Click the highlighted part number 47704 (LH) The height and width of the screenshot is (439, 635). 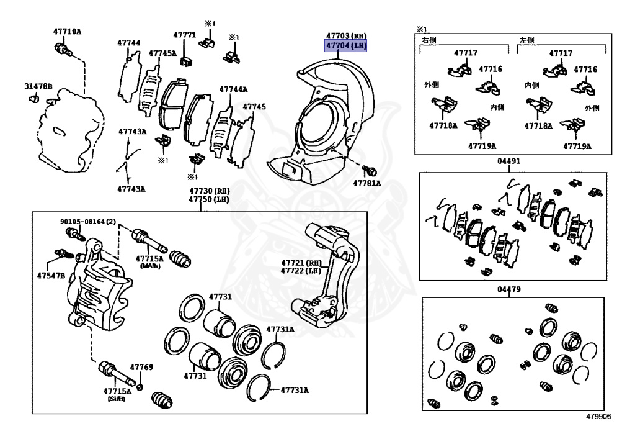346,46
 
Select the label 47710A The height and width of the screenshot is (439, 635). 67,31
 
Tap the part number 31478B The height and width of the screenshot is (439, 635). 38,86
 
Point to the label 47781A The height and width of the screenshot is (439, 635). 367,183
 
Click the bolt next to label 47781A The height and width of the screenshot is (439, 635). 370,170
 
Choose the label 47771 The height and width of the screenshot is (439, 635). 185,35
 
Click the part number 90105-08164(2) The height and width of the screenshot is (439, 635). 88,221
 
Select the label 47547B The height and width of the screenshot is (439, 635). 51,276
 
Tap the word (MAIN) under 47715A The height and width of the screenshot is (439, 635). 150,266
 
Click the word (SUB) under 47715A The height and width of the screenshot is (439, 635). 117,399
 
